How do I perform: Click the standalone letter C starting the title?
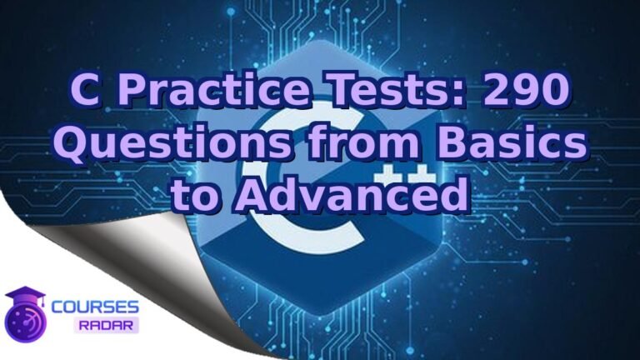(85, 90)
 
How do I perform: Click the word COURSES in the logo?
(95, 307)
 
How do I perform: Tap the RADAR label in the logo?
(106, 325)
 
